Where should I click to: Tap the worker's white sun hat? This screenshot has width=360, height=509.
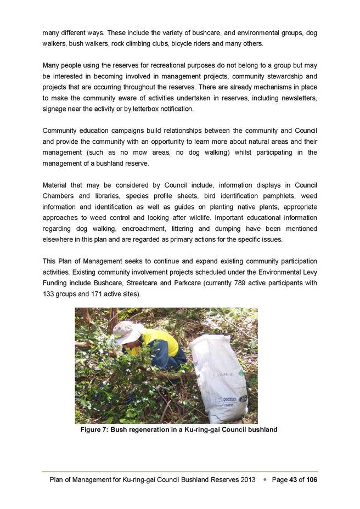[125, 332]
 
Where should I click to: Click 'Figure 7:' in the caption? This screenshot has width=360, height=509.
[94, 429]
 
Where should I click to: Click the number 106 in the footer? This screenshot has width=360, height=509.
[312, 479]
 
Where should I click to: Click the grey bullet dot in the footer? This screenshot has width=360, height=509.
[265, 479]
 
